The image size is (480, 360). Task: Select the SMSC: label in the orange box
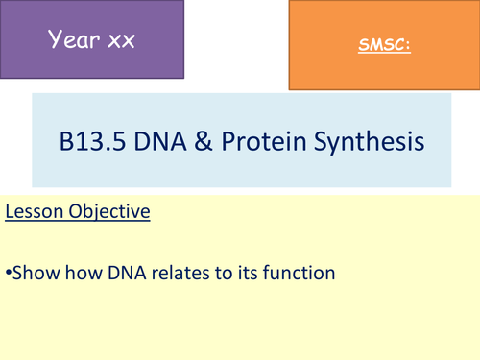[379, 45]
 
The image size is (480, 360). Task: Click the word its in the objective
[249, 273]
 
